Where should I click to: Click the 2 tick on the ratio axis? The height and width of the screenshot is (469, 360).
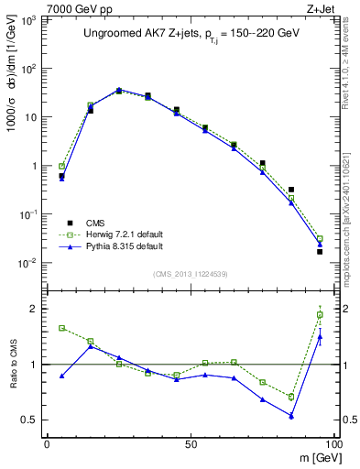pos(34,309)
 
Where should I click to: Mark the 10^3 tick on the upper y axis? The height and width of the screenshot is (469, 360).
pos(30,20)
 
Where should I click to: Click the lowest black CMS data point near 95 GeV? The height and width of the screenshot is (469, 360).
pos(320,252)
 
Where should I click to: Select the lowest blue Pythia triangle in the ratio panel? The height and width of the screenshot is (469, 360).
pos(291,416)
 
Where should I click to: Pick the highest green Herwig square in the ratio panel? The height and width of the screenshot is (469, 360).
pos(320,315)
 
